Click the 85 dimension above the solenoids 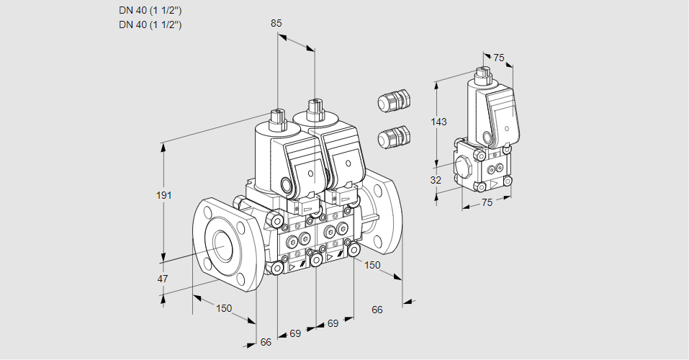point(276,23)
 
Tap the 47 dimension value point(163,279)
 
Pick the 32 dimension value point(436,180)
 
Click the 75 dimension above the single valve point(498,58)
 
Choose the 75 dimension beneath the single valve point(487,202)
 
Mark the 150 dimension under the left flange point(224,308)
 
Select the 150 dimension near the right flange point(371,266)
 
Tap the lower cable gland point(394,136)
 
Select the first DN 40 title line point(150,11)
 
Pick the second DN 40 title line point(150,24)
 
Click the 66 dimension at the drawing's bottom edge point(266,342)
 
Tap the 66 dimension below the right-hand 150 point(377,310)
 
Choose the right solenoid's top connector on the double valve point(314,111)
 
